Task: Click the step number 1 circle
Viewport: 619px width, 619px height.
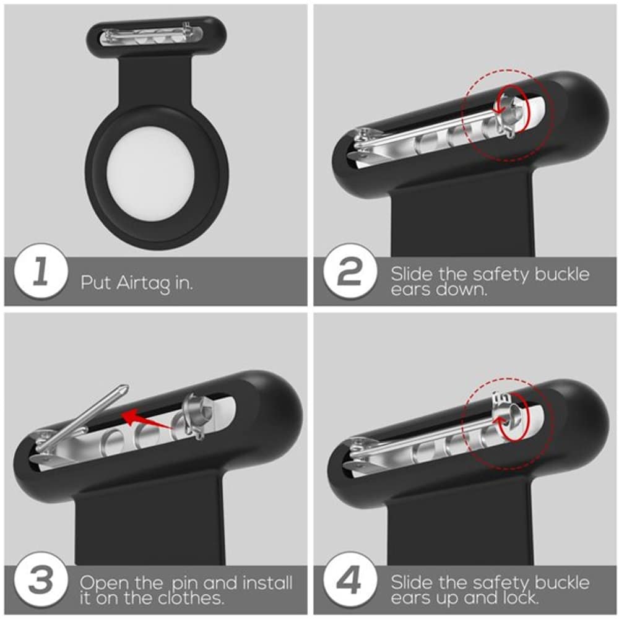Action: [40, 272]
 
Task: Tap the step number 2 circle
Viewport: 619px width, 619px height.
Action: [349, 272]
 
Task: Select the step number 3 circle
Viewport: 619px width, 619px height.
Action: [40, 579]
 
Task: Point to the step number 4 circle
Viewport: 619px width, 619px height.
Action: [349, 579]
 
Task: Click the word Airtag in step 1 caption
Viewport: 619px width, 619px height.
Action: [144, 284]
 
